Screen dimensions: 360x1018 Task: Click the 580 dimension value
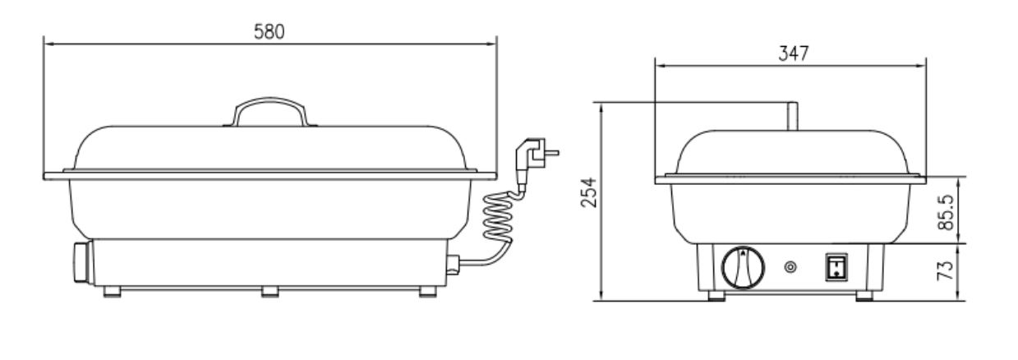269,31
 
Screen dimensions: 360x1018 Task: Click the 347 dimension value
793,53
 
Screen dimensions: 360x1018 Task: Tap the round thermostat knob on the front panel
742,267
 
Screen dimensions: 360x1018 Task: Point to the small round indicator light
791,267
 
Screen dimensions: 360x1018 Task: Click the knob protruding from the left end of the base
81,263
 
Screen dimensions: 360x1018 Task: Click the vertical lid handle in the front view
791,115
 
